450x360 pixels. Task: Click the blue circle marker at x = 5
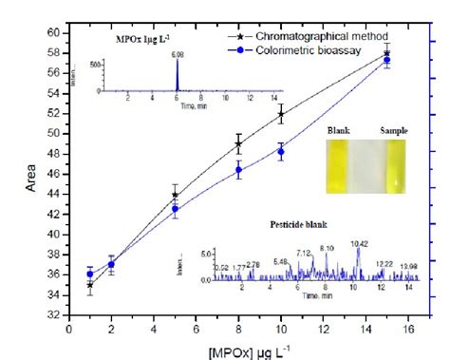[175, 209]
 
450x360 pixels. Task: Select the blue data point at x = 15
[386, 60]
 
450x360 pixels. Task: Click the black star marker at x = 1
[90, 285]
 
